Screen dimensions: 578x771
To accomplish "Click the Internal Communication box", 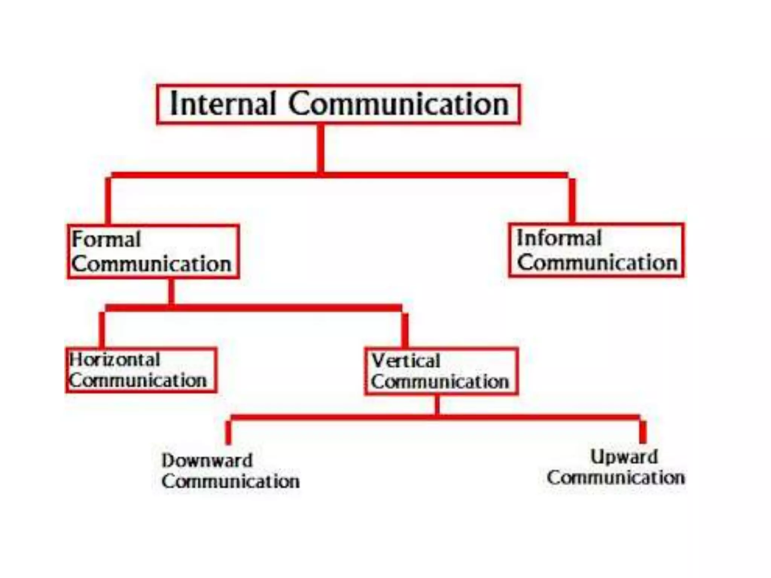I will point(338,104).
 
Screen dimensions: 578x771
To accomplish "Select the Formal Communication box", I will point(153,251).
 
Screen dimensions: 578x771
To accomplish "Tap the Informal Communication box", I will point(596,250).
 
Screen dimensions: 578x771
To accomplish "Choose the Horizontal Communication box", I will point(141,370).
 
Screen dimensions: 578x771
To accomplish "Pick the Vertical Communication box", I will point(441,371).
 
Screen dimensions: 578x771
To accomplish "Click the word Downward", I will point(207,461).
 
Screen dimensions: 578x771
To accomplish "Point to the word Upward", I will point(624,457).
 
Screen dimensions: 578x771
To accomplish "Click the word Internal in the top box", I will point(223,104).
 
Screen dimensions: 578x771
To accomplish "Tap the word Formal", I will point(106,239).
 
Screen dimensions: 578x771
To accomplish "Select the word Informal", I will point(559,238).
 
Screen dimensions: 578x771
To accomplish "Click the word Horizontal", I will point(115,360).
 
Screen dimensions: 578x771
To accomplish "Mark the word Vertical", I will point(406,361).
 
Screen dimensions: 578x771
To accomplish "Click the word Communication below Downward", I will point(230,481).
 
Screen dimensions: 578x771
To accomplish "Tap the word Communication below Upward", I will point(616,478).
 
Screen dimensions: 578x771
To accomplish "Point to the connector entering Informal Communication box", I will point(572,200).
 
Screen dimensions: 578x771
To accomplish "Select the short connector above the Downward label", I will point(228,432).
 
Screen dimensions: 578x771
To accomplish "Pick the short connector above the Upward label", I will point(643,432).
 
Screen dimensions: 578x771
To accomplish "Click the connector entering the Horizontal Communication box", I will point(102,330).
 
